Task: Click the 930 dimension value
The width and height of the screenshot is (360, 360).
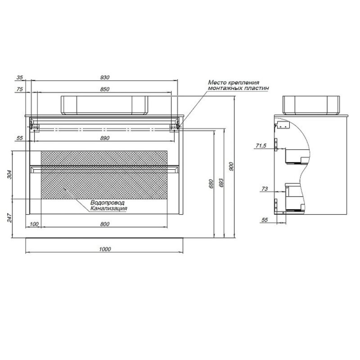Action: (105, 77)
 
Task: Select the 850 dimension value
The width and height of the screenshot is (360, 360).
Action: (105, 89)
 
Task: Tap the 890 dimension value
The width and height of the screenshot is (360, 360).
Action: (105, 138)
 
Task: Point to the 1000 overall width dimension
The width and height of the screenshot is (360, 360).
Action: (105, 249)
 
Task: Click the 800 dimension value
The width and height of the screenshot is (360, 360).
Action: (105, 224)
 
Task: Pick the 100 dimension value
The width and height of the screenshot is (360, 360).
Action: (34, 224)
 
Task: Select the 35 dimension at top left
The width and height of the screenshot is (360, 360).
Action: (20, 77)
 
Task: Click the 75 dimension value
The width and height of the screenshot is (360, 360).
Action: (20, 89)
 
